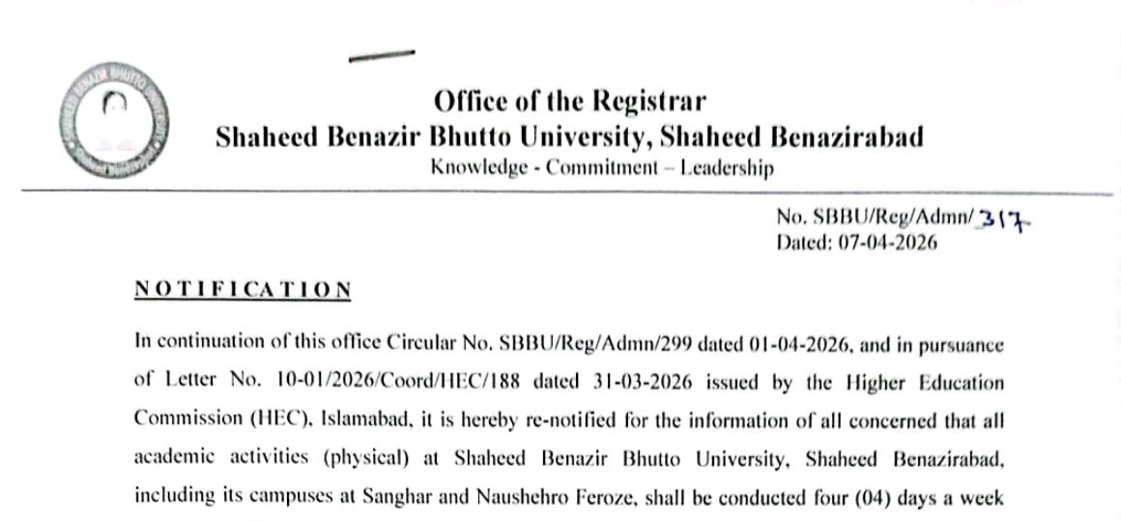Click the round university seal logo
tap(114, 125)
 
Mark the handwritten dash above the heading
tap(382, 57)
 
